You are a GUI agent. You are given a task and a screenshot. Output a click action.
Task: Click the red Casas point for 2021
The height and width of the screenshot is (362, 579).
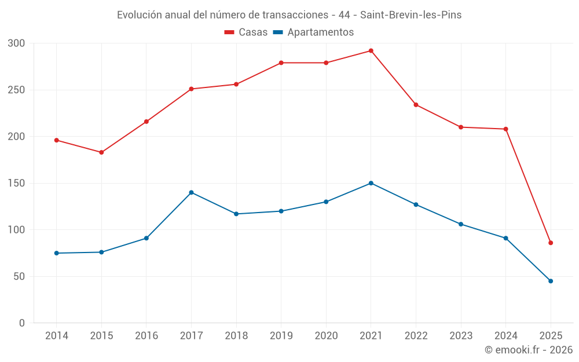371,51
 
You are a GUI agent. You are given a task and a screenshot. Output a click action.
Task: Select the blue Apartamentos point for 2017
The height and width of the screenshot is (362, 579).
191,192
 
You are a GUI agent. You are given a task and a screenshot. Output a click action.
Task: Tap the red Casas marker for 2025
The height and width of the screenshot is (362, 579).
551,243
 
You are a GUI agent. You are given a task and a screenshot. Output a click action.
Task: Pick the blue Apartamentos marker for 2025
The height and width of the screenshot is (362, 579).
551,281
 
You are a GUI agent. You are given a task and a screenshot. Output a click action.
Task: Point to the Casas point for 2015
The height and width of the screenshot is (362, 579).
101,152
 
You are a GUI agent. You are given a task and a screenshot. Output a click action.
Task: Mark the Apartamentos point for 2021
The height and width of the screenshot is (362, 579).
371,183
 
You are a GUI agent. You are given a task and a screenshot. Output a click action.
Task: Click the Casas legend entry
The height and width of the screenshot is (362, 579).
247,32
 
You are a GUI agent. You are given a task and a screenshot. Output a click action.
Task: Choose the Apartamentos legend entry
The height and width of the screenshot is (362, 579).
313,32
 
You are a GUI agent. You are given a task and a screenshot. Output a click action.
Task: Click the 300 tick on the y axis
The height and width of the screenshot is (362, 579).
17,43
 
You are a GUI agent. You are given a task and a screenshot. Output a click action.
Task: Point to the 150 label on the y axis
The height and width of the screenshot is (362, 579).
17,183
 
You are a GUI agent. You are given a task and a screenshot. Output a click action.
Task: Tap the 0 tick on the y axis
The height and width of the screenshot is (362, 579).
22,323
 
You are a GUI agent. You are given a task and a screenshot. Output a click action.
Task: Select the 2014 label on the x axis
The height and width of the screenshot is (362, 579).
56,336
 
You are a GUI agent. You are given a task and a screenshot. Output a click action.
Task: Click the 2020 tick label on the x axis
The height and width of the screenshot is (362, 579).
326,336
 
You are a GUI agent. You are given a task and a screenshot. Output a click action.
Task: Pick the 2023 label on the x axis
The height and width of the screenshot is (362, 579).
461,336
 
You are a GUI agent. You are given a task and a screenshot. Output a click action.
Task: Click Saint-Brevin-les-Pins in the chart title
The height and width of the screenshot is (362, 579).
411,15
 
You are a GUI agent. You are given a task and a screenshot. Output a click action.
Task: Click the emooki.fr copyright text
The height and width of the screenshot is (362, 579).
529,350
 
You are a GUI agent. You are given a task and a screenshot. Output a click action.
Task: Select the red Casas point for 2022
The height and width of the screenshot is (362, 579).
416,105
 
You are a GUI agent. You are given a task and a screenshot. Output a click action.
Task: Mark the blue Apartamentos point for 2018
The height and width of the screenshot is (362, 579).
236,214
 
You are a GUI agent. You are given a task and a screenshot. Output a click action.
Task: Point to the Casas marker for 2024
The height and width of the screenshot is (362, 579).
505,129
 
